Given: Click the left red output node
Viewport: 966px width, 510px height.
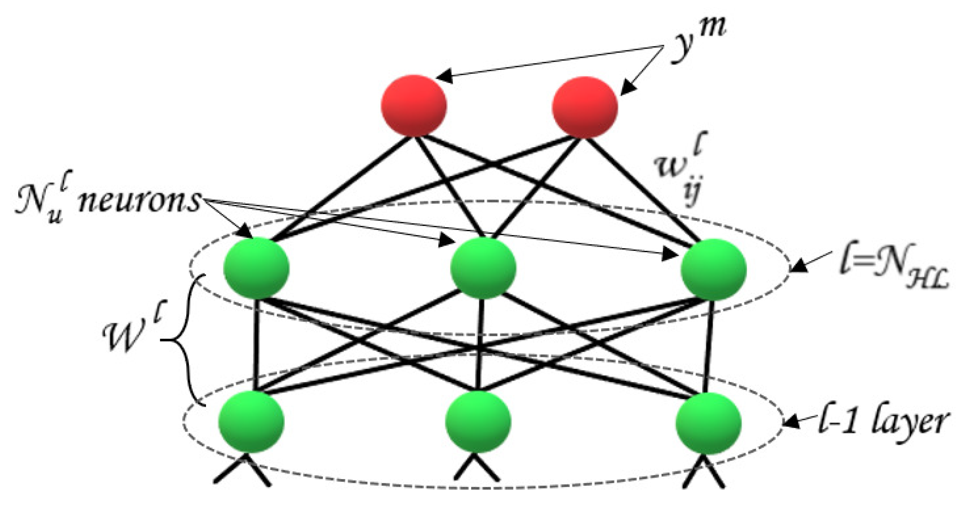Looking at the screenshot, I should click(414, 106).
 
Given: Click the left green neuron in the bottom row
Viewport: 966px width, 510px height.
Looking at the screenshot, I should click(251, 422).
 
